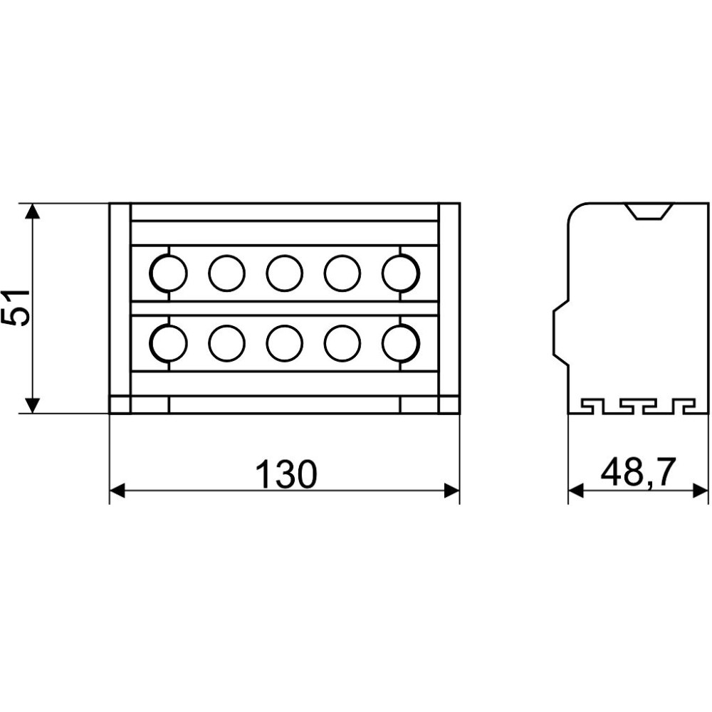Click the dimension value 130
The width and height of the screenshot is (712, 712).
(x=286, y=473)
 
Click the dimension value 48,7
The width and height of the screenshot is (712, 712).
(x=638, y=472)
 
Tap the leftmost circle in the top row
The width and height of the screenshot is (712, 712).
(x=168, y=273)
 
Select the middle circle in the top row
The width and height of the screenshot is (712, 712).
(x=284, y=273)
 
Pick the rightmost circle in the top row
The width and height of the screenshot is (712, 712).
(x=401, y=273)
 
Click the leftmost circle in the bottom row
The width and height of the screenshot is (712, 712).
(x=168, y=343)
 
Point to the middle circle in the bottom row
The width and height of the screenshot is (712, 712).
(x=284, y=343)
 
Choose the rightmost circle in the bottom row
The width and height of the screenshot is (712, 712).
(x=401, y=343)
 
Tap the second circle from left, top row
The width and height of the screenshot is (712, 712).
(x=226, y=273)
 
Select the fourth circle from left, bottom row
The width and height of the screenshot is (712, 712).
(x=343, y=343)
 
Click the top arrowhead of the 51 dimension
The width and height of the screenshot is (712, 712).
(x=32, y=211)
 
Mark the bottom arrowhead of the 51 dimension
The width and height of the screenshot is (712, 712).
(x=32, y=406)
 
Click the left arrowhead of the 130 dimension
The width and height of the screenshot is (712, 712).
(x=117, y=491)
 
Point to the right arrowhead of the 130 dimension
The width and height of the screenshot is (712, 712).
(x=452, y=491)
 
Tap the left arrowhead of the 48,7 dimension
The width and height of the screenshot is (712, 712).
(x=576, y=491)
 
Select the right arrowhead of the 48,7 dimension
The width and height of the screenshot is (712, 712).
(x=700, y=491)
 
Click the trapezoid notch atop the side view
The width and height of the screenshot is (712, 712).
(x=649, y=211)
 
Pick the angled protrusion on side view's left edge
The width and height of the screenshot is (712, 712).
(x=560, y=332)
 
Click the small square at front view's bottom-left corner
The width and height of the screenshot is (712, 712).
(x=120, y=404)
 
